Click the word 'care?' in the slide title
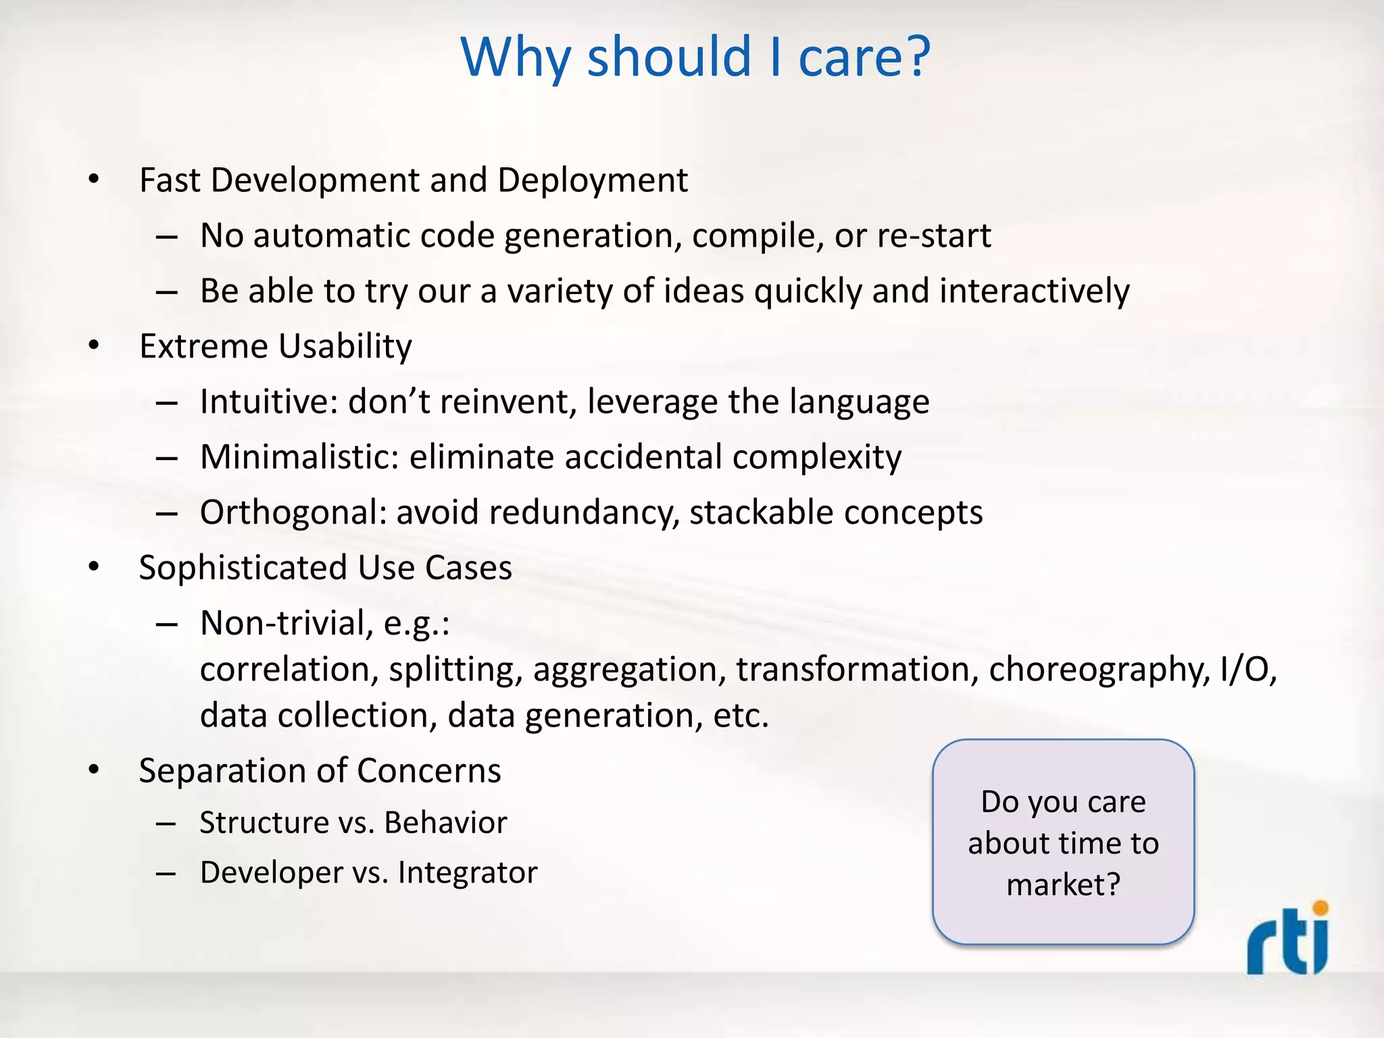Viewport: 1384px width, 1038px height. tap(864, 57)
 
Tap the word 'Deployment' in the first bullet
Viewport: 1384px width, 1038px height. tap(593, 180)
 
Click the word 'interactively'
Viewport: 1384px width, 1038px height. tap(1034, 291)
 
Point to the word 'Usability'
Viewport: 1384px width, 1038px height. tap(345, 347)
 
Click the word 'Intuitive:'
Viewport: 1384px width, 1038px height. tap(268, 402)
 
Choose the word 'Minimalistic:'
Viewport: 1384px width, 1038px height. tap(299, 458)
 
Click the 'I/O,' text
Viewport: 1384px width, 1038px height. tap(1249, 670)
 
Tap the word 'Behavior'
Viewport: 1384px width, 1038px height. tap(445, 823)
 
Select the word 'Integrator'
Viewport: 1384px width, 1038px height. tap(468, 872)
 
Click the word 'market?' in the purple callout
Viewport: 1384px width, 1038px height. tap(1063, 885)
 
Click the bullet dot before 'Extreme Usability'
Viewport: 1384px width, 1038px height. tap(94, 346)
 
